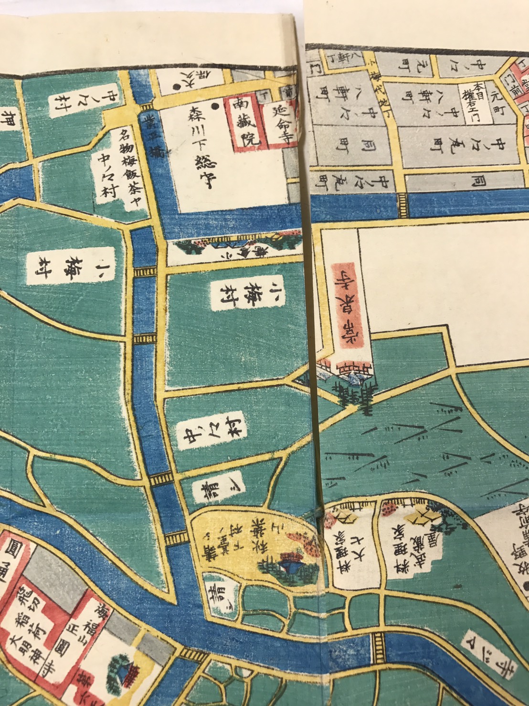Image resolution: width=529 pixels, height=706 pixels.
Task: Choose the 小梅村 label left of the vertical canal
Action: tap(70, 266)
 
